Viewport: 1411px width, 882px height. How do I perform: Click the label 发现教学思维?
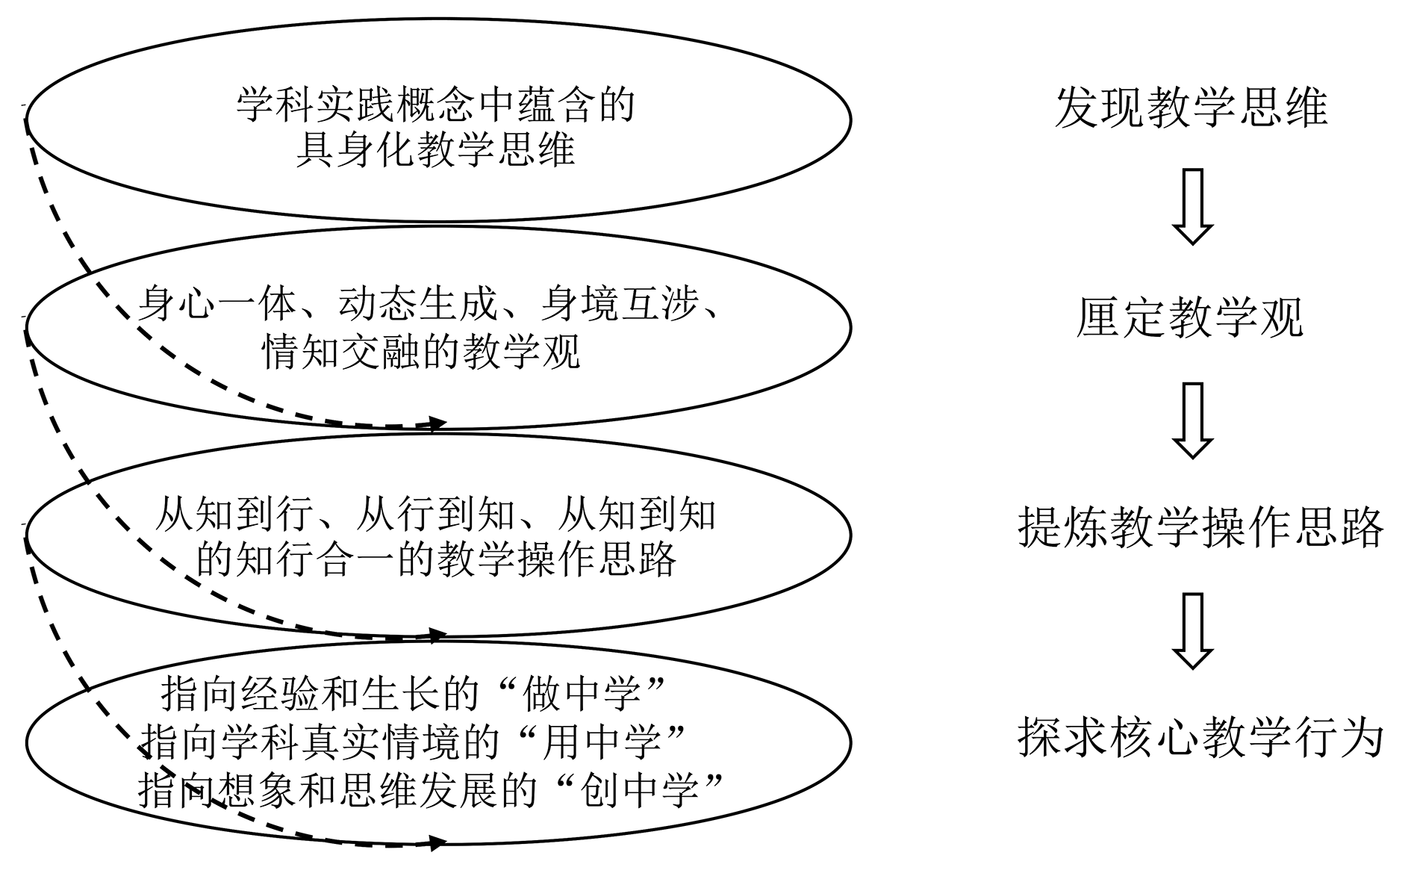[1191, 107]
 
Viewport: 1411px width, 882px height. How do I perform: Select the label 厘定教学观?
[1190, 318]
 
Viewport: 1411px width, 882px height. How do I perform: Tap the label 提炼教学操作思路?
[1200, 528]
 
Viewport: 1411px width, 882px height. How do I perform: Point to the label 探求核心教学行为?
[1200, 738]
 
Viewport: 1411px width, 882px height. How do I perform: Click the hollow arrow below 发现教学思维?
[1192, 207]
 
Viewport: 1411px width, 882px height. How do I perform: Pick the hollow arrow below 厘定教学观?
[1192, 420]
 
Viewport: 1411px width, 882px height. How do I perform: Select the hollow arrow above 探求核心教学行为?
[1192, 630]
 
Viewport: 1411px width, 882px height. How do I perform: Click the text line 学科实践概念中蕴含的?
[436, 105]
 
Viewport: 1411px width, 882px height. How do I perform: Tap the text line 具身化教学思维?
[436, 149]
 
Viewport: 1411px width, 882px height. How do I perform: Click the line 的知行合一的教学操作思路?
[436, 559]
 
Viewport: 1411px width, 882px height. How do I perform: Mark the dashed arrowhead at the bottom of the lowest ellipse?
[437, 843]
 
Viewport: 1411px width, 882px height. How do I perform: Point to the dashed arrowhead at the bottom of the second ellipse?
[437, 424]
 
